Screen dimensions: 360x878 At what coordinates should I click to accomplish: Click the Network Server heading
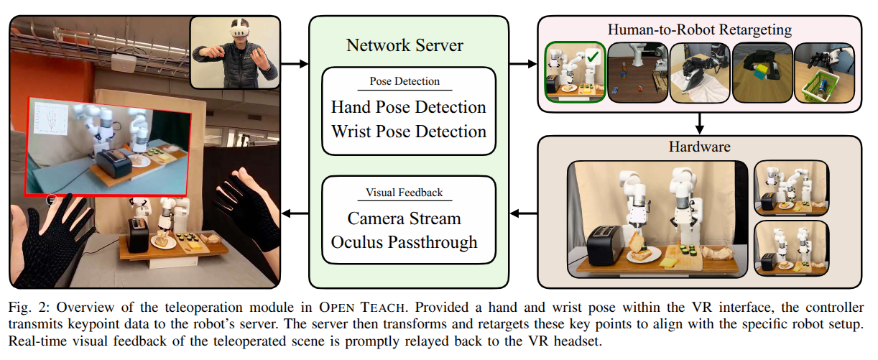pyautogui.click(x=405, y=45)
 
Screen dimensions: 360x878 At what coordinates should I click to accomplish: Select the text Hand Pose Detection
pyautogui.click(x=408, y=108)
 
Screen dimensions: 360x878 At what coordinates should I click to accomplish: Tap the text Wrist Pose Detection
pyautogui.click(x=408, y=131)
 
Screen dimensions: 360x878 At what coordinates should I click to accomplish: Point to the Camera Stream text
pyautogui.click(x=404, y=218)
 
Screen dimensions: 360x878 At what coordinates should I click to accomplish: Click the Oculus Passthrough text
pyautogui.click(x=404, y=242)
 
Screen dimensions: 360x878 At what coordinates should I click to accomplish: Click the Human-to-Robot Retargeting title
pyautogui.click(x=699, y=29)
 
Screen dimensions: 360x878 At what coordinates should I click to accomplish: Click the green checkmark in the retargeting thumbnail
pyautogui.click(x=593, y=55)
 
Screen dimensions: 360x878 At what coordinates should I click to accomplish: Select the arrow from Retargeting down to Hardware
pyautogui.click(x=699, y=123)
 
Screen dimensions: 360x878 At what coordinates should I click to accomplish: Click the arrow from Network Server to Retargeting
pyautogui.click(x=522, y=65)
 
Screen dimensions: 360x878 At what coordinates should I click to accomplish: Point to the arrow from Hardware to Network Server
pyautogui.click(x=523, y=213)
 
